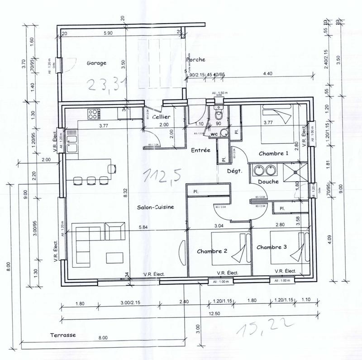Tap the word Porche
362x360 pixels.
[195, 59]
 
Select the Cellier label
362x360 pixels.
[161, 117]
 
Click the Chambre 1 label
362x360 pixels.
[273, 154]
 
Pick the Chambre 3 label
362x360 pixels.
[271, 247]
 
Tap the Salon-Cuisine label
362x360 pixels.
[156, 207]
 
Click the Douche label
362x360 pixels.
[267, 182]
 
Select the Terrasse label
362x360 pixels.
[63, 335]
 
